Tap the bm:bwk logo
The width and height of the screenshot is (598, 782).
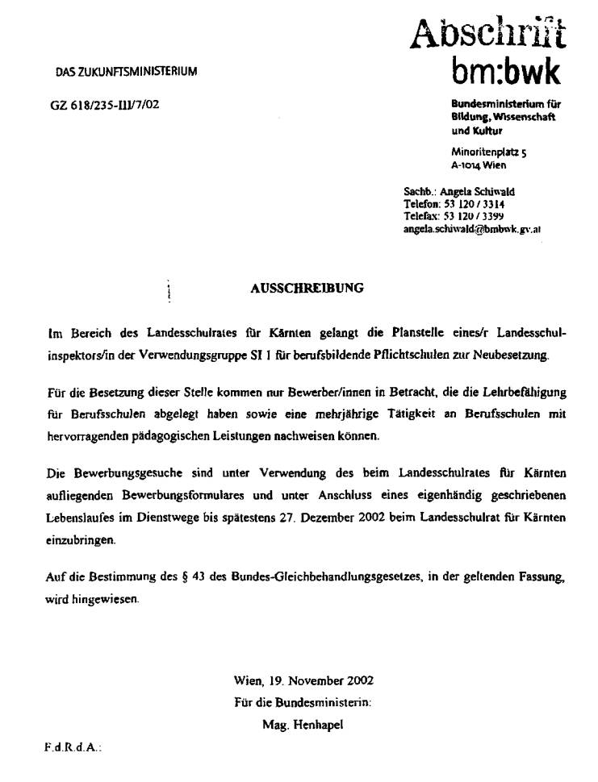point(505,74)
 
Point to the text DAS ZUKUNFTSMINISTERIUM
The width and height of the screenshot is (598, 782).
point(126,72)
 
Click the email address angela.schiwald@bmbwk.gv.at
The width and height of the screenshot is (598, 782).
point(472,229)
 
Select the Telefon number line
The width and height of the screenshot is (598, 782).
point(454,205)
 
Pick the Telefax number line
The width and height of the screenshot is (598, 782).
point(454,217)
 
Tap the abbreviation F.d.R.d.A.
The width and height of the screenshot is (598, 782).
point(72,748)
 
